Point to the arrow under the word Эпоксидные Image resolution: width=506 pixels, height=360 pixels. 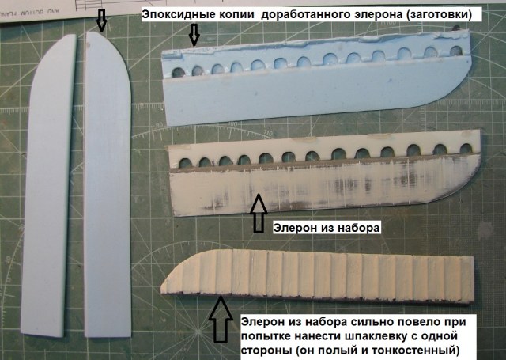coord(194,34)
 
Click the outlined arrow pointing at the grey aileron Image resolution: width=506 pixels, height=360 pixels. coord(256,211)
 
